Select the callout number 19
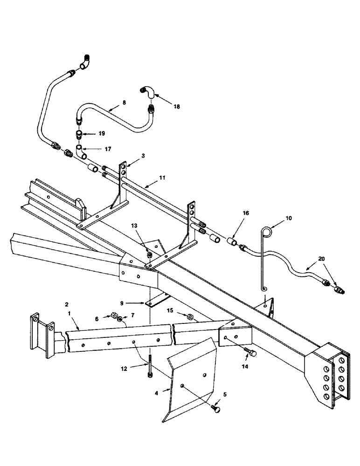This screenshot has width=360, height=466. (x=101, y=133)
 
